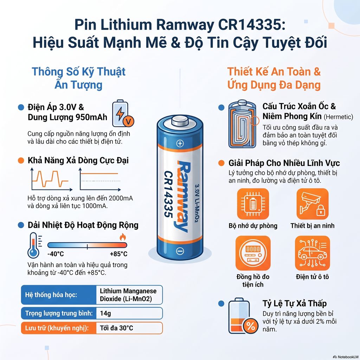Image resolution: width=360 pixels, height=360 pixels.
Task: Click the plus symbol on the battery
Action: (180, 144)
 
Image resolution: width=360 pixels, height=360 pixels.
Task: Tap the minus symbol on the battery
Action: (180, 251)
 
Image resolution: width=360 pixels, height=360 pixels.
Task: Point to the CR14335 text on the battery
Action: (169, 194)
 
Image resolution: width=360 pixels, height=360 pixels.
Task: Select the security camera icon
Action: (312, 204)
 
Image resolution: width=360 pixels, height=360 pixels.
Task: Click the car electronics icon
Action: (312, 253)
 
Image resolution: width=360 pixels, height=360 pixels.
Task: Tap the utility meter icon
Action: (253, 253)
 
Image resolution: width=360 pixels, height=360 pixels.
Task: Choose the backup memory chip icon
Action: (253, 204)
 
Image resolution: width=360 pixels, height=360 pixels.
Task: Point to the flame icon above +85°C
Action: (123, 237)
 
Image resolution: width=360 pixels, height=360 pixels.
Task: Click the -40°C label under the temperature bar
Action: (56, 254)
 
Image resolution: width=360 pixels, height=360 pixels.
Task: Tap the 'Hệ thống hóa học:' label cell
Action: (59, 295)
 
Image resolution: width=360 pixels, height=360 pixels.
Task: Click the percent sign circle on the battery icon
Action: (250, 326)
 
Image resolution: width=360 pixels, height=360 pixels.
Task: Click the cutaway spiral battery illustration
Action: (242, 124)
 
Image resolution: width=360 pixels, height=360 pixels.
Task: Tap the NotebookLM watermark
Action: (346, 357)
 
